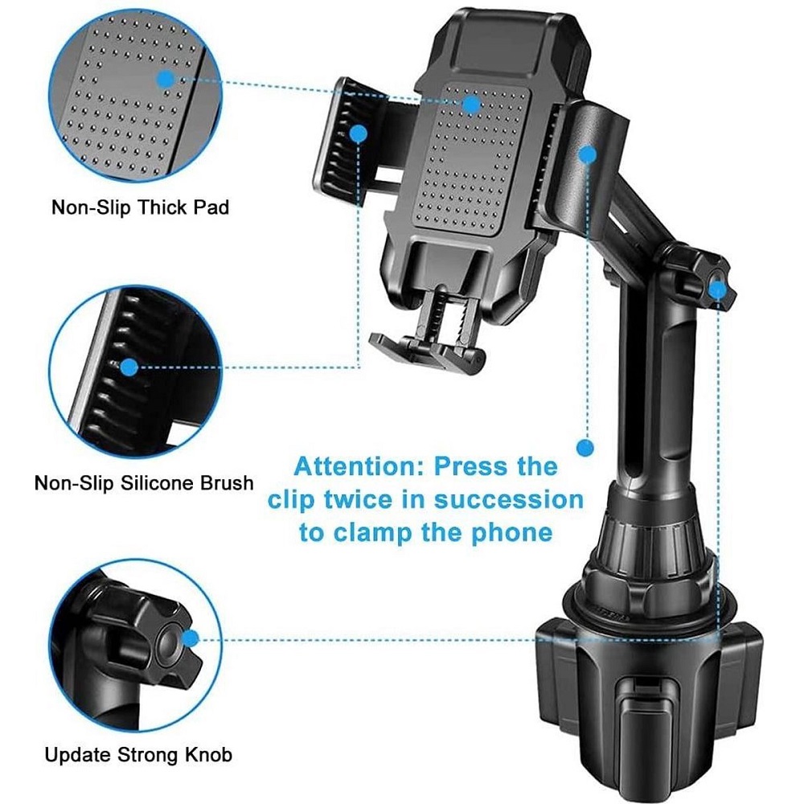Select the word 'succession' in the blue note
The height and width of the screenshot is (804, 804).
pos(509,500)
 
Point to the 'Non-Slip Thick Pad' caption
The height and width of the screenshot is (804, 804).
pos(140,207)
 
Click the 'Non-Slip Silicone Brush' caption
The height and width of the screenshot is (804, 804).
pos(144,483)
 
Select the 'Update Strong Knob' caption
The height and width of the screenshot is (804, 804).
pos(138,755)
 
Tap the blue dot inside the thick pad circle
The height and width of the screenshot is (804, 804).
pos(165,80)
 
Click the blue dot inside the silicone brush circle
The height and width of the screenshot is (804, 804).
pos(130,367)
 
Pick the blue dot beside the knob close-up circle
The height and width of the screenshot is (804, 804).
pos(191,639)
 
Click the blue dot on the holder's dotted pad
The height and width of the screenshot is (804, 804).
pos(472,105)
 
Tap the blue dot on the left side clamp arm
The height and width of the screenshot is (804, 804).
pos(359,133)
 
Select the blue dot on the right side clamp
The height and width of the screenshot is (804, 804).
pos(587,154)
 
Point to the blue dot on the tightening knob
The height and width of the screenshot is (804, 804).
pos(717,290)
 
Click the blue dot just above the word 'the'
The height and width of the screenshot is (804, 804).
pos(585,448)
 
